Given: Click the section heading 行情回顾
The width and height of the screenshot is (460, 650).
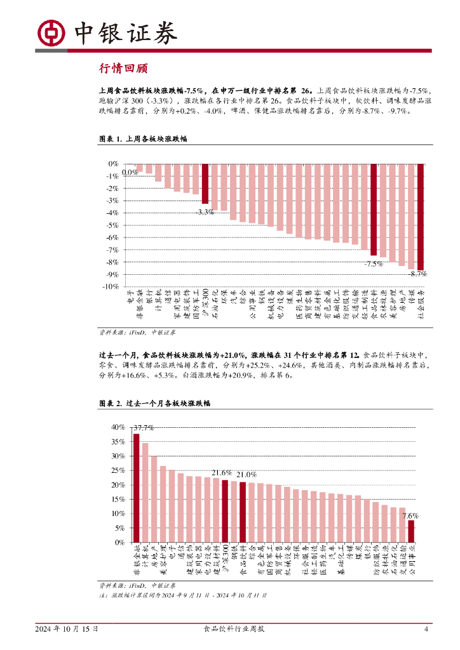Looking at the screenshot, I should click(124, 69).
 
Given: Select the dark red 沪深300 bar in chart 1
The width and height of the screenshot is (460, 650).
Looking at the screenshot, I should click(205, 183).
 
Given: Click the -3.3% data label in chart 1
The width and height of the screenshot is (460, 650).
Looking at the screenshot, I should click(205, 212).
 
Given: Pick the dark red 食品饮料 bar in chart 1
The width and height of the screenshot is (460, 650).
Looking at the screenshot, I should click(374, 209).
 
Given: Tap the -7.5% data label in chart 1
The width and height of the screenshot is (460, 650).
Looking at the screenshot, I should click(373, 263).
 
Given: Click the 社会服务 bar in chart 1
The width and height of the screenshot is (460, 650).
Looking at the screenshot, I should click(421, 216).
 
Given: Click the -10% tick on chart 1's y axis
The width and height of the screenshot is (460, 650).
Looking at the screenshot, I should click(110, 287).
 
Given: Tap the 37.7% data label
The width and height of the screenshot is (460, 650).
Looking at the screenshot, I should click(143, 428).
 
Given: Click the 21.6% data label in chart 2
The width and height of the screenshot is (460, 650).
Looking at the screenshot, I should click(221, 473).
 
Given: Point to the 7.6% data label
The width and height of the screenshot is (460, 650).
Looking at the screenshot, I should click(410, 515).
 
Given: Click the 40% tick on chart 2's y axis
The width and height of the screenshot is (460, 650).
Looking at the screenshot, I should click(118, 427).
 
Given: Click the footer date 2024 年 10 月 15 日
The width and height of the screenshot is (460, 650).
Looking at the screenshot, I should click(67, 629).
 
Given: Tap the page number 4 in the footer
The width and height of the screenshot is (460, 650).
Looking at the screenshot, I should click(426, 629).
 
